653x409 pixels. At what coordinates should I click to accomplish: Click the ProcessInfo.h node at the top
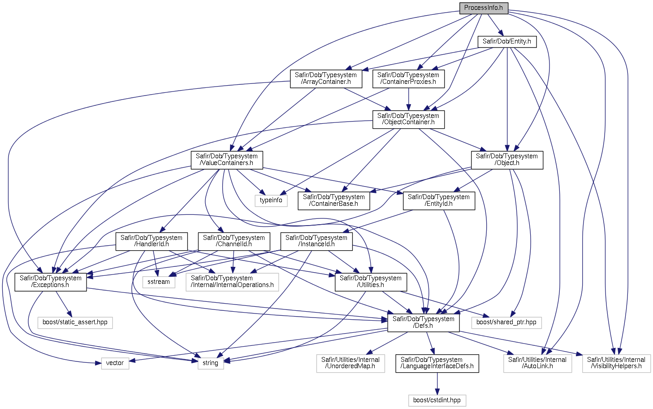click(x=484, y=8)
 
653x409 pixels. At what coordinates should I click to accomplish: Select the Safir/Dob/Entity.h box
click(x=507, y=42)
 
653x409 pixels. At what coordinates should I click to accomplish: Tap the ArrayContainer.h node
click(x=326, y=78)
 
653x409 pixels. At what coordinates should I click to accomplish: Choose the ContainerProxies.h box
click(x=408, y=78)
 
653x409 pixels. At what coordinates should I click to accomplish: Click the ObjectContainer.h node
click(x=408, y=119)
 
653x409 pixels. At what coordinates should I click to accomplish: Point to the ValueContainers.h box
click(x=227, y=160)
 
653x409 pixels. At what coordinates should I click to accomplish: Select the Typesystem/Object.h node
click(x=507, y=160)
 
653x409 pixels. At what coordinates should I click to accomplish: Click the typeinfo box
click(x=271, y=200)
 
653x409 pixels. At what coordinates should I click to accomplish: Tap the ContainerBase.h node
click(x=334, y=200)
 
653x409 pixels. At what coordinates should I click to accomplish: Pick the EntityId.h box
click(x=439, y=200)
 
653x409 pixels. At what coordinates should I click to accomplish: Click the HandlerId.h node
click(x=151, y=241)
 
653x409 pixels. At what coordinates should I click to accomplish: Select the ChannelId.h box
click(x=234, y=241)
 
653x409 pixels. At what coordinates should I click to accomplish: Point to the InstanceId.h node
click(x=316, y=241)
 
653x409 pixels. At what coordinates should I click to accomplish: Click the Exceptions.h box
click(x=51, y=282)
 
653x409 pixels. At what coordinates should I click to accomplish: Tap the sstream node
click(x=159, y=282)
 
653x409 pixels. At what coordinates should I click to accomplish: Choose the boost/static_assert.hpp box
click(x=75, y=322)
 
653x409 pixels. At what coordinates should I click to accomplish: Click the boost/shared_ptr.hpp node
click(x=506, y=322)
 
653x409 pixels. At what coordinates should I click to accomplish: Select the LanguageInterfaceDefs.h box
click(x=437, y=363)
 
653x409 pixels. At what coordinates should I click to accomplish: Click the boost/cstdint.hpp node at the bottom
click(x=437, y=400)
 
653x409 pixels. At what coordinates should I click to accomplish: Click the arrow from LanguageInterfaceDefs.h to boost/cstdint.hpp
click(x=437, y=383)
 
